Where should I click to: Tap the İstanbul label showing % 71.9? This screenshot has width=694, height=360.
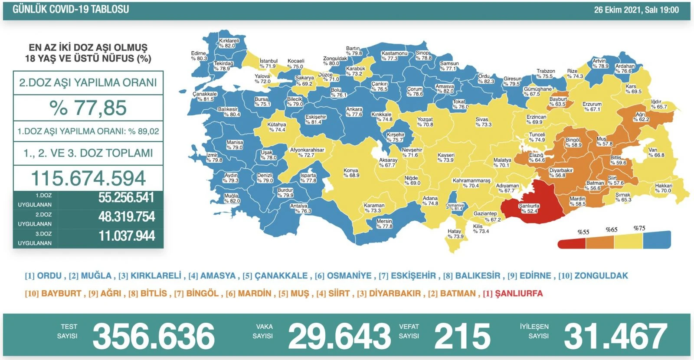point(268,64)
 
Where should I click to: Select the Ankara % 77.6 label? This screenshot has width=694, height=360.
point(354,112)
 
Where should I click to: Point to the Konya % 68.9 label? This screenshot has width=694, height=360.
point(351,173)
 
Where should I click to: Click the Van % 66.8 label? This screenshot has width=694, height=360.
point(656,153)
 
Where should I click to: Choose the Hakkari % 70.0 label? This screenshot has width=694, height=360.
point(663,188)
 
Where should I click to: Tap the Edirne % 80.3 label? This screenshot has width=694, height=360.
point(199,56)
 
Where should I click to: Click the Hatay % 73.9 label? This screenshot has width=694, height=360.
point(455,234)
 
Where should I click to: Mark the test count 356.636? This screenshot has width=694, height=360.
point(154,336)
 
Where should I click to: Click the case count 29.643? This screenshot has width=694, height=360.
point(339,336)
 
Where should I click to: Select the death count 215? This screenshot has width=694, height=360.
point(462,336)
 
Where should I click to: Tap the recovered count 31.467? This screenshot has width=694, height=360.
point(615,336)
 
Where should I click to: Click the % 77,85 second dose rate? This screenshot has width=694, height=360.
point(88,108)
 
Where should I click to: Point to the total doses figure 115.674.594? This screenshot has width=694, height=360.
point(88,178)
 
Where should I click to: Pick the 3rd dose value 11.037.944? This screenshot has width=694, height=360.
point(126,236)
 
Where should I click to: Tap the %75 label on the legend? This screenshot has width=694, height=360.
point(639,228)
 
